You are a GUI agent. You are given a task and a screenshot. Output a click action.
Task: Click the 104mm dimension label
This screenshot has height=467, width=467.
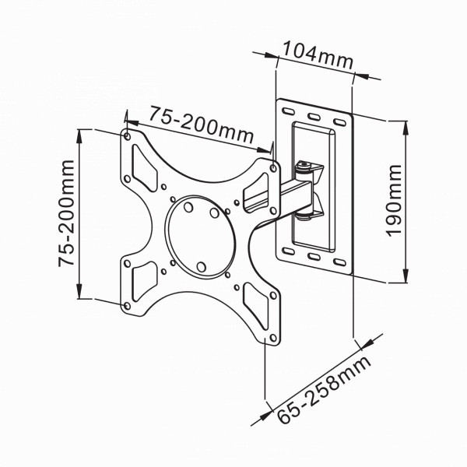click(x=318, y=55)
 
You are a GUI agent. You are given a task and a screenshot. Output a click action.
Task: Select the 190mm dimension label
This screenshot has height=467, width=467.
click(x=394, y=201)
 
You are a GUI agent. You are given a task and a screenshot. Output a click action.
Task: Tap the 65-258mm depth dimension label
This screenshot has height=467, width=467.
click(x=325, y=390)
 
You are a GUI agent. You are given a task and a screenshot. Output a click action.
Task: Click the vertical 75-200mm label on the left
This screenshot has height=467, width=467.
click(x=66, y=213)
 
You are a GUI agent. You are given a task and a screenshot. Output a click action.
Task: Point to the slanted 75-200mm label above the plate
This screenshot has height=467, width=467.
click(x=202, y=125)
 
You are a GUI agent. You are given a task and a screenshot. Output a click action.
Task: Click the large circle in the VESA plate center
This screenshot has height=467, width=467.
click(x=201, y=237)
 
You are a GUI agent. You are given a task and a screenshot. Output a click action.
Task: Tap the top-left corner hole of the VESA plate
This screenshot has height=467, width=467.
click(x=127, y=137)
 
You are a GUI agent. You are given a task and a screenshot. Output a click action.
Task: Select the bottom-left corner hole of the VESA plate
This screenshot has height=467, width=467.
click(x=127, y=306)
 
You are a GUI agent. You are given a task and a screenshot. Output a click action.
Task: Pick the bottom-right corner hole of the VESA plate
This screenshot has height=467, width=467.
click(x=273, y=338)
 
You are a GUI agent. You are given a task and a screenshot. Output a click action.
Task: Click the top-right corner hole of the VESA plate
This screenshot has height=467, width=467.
click(x=273, y=168)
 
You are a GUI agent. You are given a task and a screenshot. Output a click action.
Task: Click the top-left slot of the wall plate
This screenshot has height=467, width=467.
click(x=288, y=111)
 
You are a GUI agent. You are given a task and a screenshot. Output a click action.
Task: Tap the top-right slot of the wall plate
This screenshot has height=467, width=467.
click(x=339, y=122)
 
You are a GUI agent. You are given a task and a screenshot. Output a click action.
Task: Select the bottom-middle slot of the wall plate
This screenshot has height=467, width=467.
click(x=314, y=256)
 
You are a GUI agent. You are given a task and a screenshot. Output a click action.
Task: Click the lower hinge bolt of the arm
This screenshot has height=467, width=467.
click(x=304, y=217)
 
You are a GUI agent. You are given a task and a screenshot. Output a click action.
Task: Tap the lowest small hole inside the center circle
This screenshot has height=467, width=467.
click(x=202, y=267)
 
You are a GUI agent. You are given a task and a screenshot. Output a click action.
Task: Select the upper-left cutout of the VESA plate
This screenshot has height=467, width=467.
click(x=145, y=168)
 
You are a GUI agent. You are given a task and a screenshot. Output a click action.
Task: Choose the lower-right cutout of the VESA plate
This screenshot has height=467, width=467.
click(x=256, y=306)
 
